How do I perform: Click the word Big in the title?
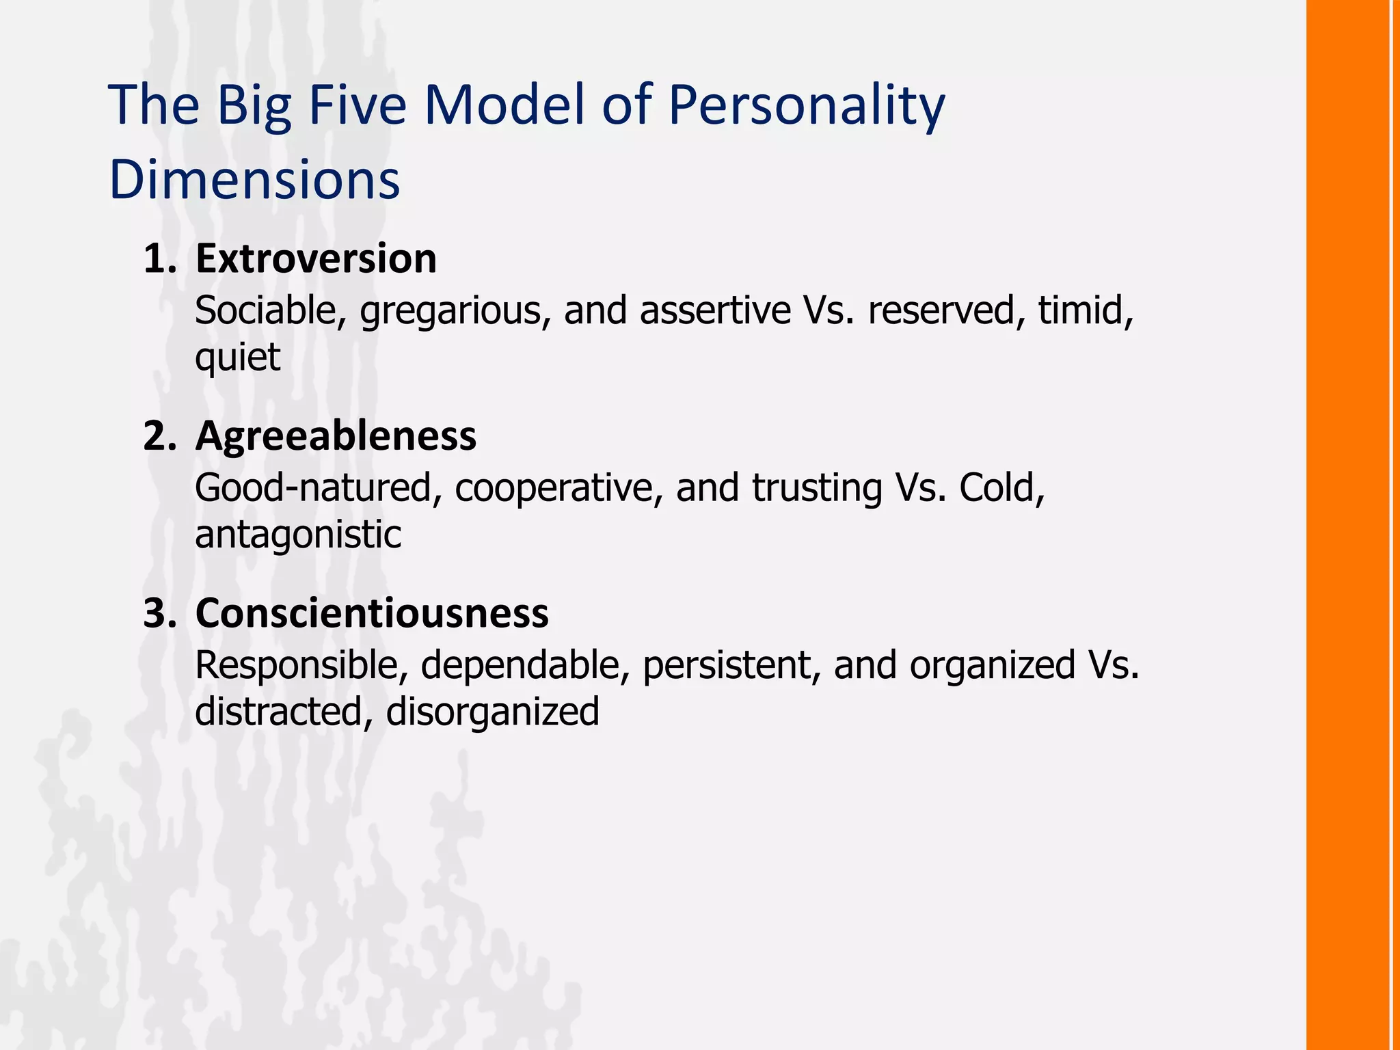coord(254,106)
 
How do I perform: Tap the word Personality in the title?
coord(807,106)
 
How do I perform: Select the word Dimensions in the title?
coord(254,179)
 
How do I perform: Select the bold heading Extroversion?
coord(316,259)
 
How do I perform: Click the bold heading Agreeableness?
coord(336,436)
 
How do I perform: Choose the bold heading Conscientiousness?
coord(372,613)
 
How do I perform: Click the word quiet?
coord(237,357)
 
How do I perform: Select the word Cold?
coord(1002,488)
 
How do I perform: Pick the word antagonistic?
coord(298,535)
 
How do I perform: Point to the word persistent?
coord(731,665)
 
